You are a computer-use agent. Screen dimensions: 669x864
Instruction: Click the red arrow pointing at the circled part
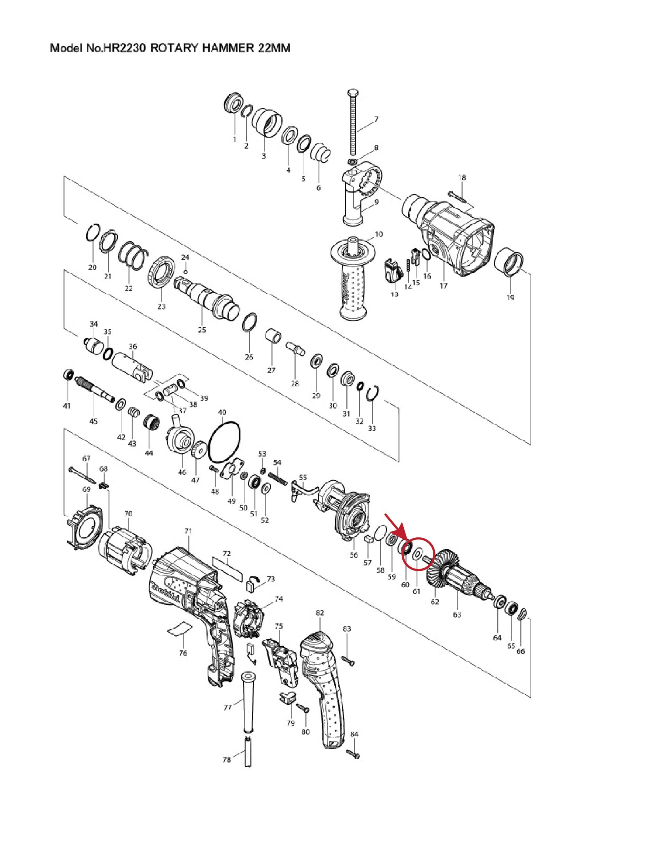coord(395,526)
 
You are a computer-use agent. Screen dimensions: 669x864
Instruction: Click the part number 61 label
coord(416,591)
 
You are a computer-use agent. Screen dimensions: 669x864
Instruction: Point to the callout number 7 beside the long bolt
coord(376,119)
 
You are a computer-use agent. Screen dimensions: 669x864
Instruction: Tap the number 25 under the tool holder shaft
coord(202,330)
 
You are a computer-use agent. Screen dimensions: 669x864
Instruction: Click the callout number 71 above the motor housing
coord(188,531)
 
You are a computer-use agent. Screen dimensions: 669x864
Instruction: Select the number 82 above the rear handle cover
coord(320,613)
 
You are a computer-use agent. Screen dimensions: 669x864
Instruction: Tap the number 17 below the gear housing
coord(443,285)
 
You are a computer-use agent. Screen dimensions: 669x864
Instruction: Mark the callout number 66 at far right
coord(521,651)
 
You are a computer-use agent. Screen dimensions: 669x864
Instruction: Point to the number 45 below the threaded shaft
coord(93,421)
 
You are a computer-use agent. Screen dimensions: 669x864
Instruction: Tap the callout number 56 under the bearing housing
coord(353,555)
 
